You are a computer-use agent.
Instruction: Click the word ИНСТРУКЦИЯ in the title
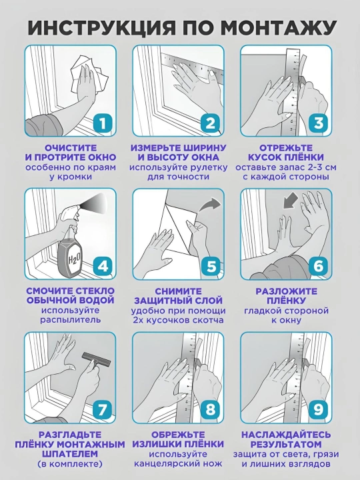click(101, 27)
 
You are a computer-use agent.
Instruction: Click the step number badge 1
click(103, 124)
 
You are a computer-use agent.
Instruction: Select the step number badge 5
click(211, 267)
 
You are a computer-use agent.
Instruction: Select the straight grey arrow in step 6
click(290, 200)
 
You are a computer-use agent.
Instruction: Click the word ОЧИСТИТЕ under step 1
click(71, 148)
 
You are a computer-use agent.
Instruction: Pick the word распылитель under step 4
click(71, 320)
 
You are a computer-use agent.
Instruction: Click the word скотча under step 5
click(208, 320)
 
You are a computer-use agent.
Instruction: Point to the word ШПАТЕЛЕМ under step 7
click(71, 454)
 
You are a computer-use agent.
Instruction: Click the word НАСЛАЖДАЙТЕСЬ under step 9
click(286, 435)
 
